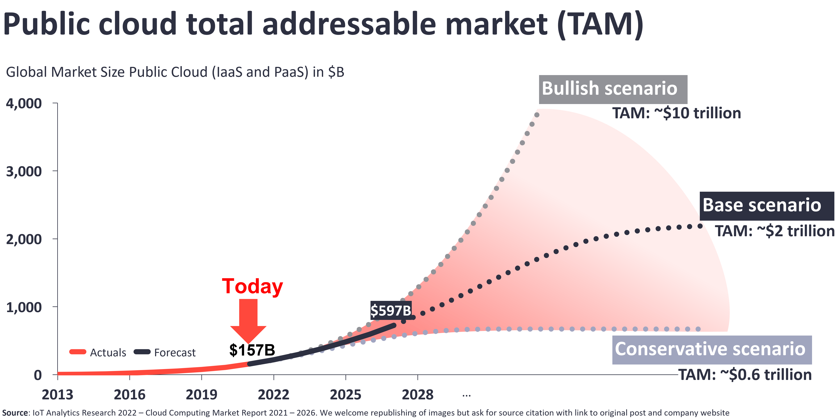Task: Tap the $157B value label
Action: [x=252, y=350]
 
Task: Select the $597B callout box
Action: [x=391, y=310]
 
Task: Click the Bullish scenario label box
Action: [x=613, y=89]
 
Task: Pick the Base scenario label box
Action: [x=767, y=206]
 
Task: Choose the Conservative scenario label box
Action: [x=712, y=349]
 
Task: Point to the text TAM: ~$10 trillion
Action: [x=677, y=113]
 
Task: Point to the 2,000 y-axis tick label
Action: [x=24, y=239]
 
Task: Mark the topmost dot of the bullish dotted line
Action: [x=537, y=115]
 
